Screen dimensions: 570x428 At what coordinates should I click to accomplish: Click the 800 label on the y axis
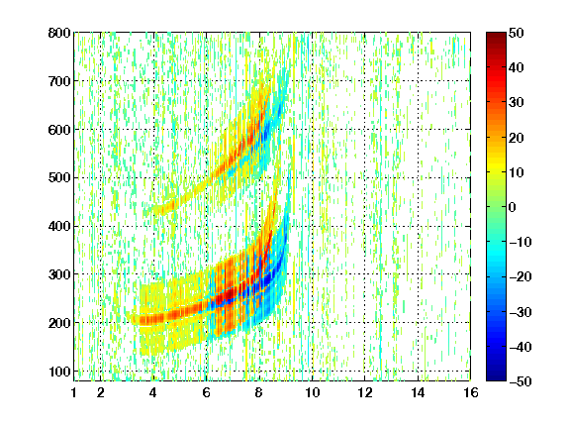click(59, 33)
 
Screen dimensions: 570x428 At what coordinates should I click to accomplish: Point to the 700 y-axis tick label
click(59, 81)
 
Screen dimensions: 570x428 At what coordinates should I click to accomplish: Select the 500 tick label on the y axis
click(59, 178)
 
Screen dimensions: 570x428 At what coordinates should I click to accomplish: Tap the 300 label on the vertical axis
click(59, 274)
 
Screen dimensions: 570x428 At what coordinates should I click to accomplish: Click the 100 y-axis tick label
click(59, 372)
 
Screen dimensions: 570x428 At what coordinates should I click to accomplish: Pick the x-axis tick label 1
click(74, 392)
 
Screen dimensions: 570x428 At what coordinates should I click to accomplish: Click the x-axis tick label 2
click(100, 392)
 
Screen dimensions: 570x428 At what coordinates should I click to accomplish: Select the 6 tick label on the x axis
click(206, 392)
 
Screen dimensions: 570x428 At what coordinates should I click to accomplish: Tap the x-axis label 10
click(313, 392)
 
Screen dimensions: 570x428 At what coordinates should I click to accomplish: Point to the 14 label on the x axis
click(418, 392)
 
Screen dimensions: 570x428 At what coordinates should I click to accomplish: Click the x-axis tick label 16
click(471, 392)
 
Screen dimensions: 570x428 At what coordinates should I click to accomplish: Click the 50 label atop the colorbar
click(517, 33)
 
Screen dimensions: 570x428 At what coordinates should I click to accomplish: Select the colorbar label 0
click(513, 207)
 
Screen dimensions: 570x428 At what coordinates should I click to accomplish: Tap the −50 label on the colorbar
click(521, 381)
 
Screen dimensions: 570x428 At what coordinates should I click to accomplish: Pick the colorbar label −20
click(521, 277)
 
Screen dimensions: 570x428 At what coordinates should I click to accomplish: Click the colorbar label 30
click(517, 103)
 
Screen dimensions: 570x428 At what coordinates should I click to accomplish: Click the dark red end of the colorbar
click(496, 36)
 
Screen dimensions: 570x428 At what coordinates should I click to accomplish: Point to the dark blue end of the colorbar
click(496, 377)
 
